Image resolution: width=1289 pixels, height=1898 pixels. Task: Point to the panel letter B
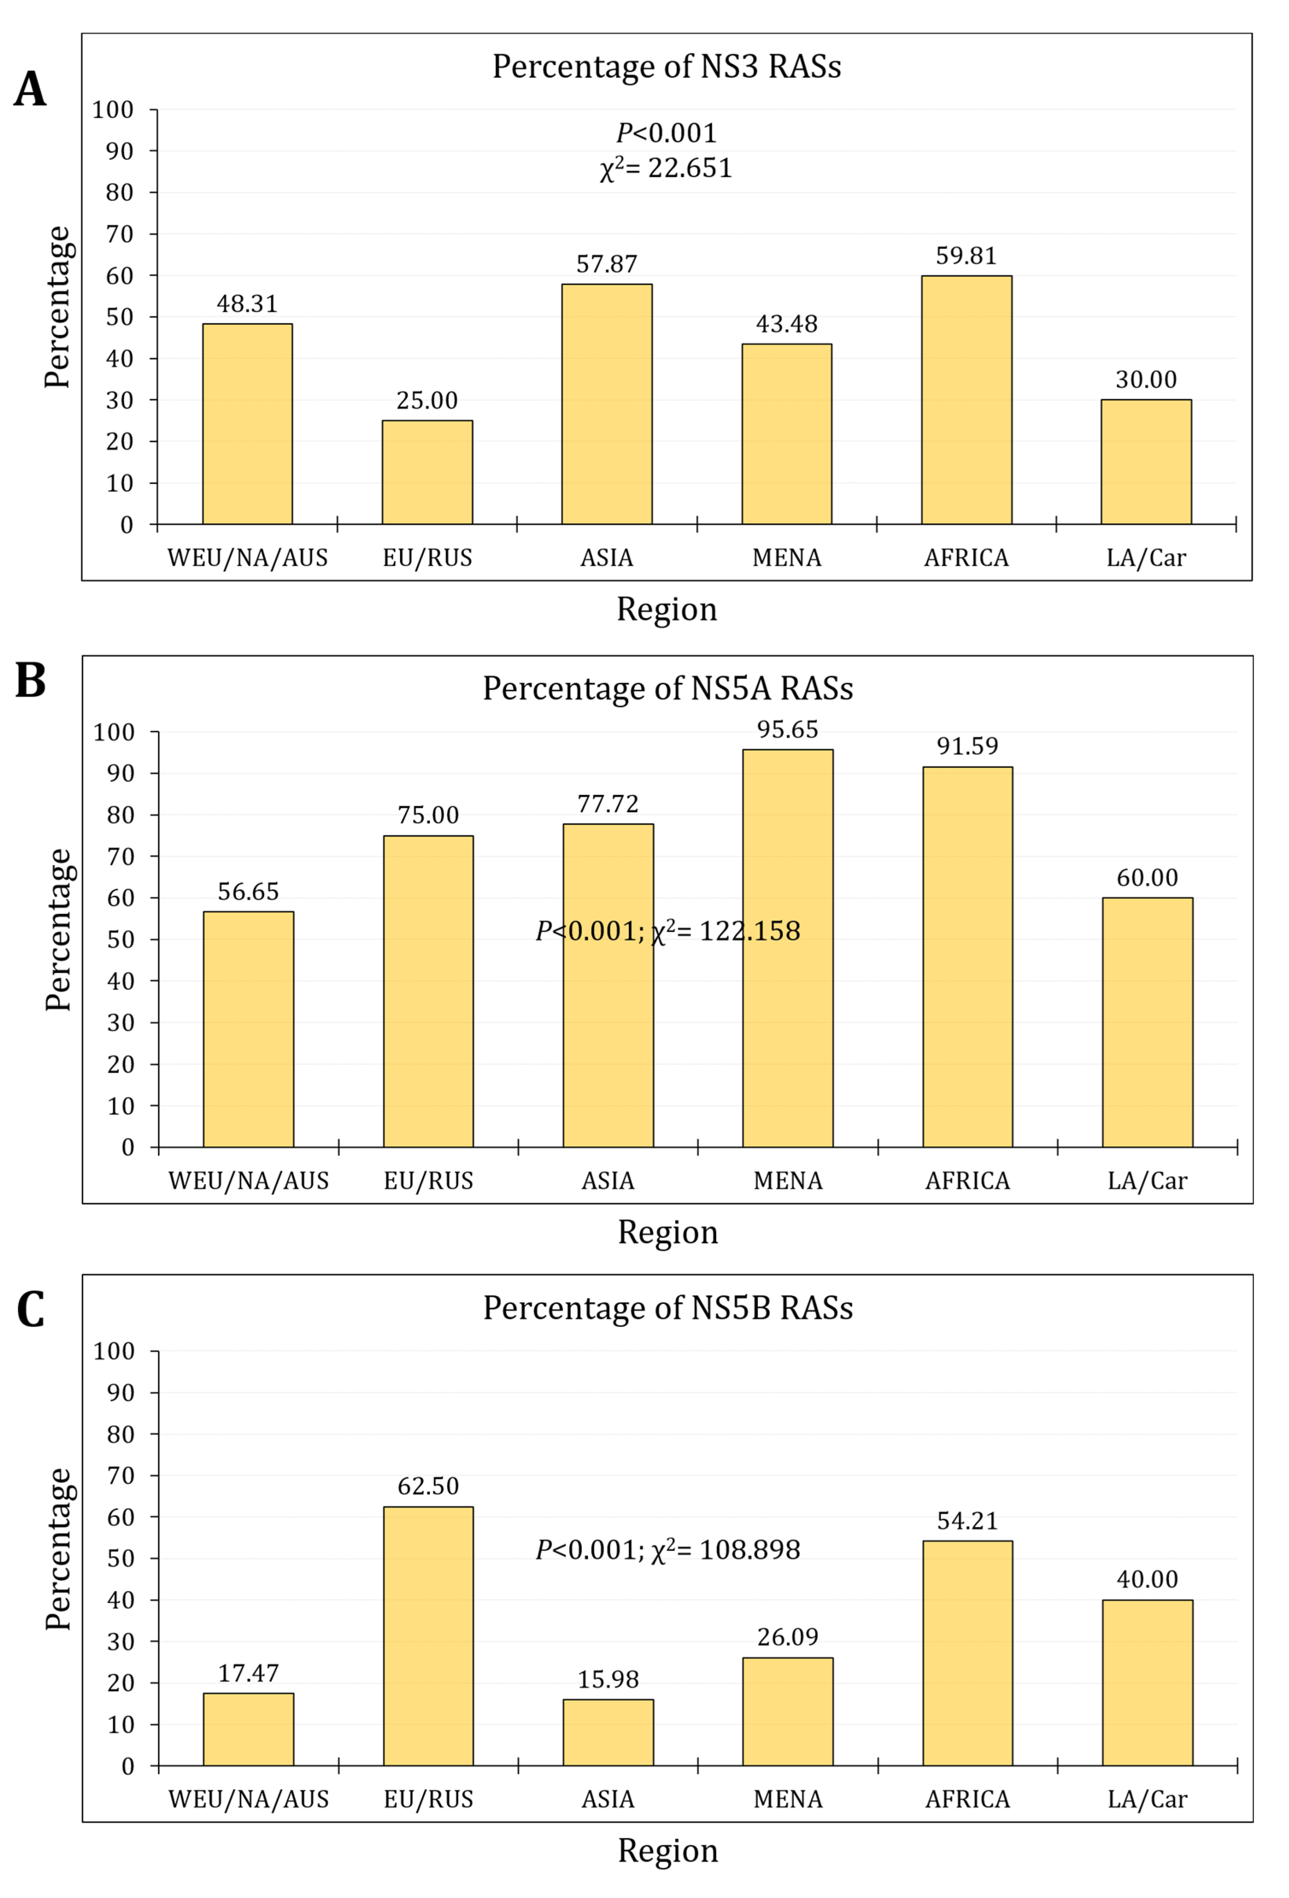tap(30, 680)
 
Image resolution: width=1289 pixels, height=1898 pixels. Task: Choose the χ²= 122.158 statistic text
tap(725, 931)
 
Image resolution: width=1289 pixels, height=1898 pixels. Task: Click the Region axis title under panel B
tap(667, 1232)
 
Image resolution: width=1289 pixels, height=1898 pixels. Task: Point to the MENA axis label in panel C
tap(788, 1799)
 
